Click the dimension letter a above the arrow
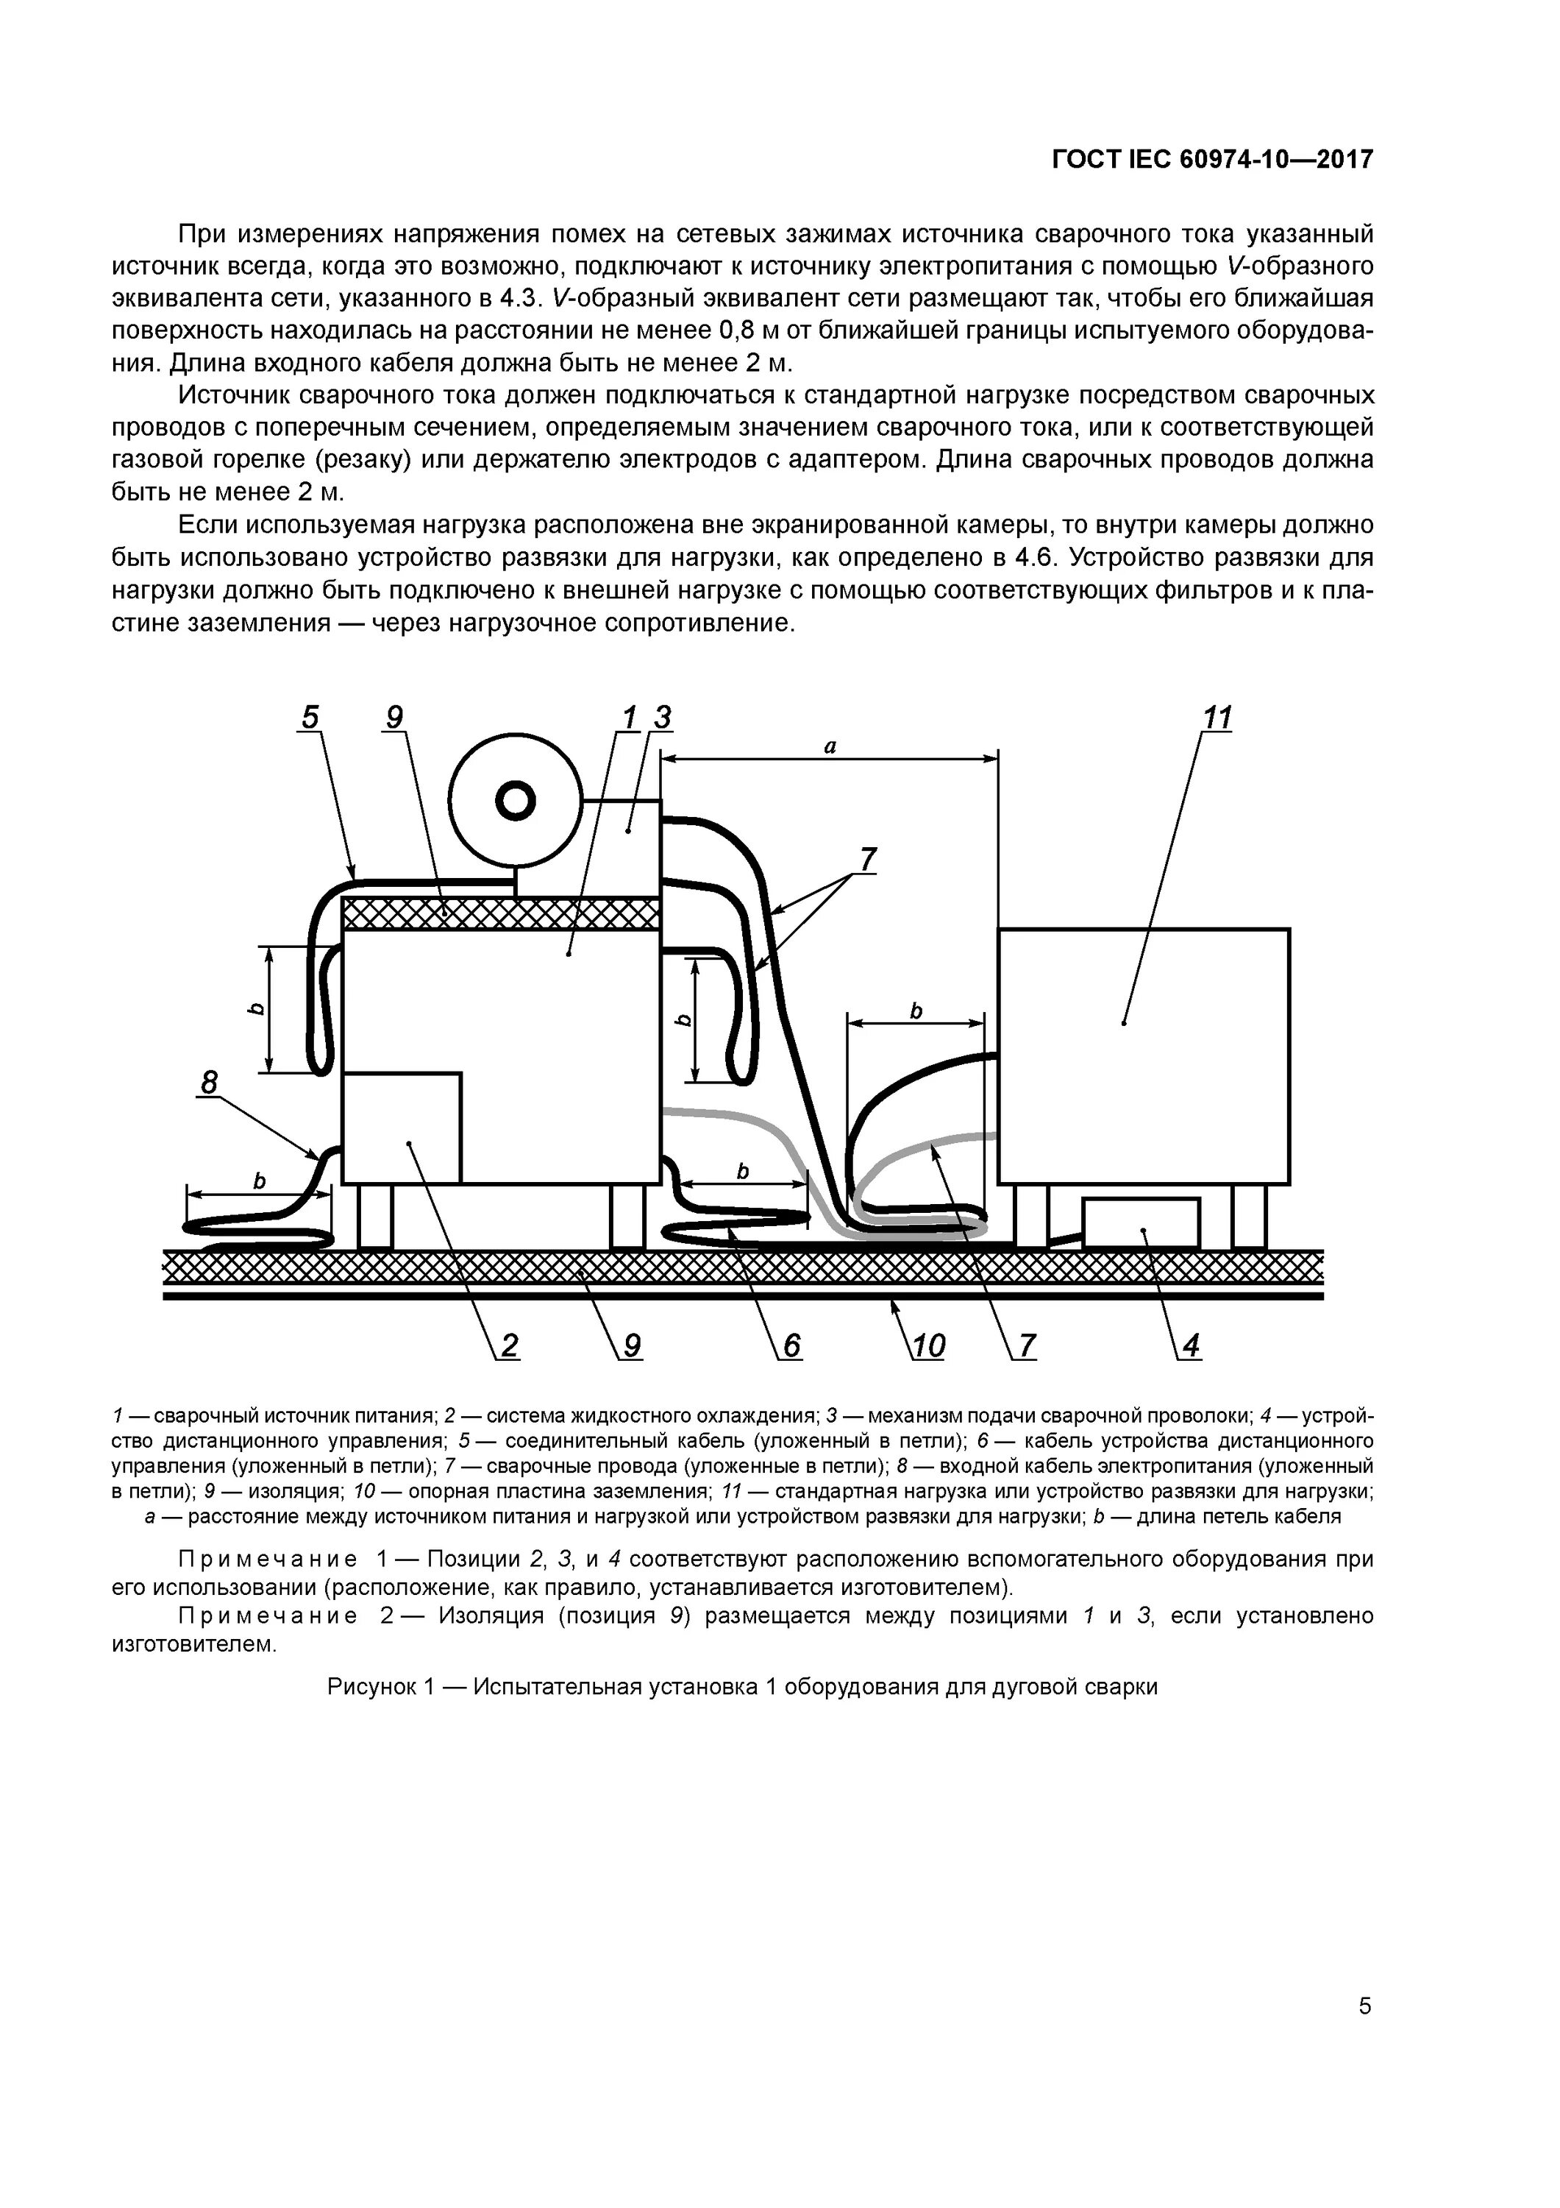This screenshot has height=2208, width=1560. [830, 746]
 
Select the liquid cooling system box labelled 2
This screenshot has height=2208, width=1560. [401, 1127]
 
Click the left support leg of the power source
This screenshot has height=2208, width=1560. [375, 1217]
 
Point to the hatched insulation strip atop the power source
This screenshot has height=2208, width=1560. [501, 913]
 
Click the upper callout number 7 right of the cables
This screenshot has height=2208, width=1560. [868, 859]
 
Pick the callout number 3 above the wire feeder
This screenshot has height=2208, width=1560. [662, 718]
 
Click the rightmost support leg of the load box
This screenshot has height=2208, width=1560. [1250, 1217]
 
